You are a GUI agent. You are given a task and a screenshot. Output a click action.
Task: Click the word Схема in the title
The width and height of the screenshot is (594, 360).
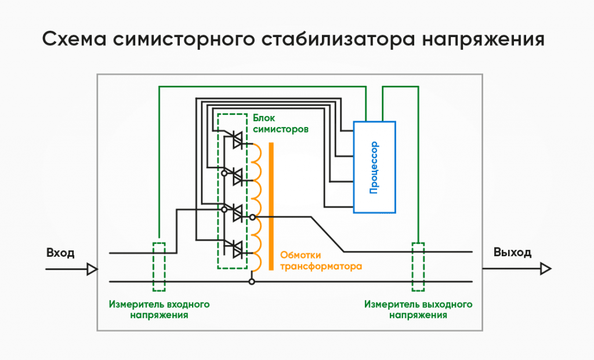74,39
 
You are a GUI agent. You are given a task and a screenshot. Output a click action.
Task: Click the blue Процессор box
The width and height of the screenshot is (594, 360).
374,167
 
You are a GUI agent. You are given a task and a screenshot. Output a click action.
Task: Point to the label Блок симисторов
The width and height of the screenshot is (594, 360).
281,123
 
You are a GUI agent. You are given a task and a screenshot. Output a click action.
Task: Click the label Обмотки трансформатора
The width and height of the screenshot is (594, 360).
321,260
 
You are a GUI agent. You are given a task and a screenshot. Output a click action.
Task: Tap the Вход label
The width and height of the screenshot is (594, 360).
60,253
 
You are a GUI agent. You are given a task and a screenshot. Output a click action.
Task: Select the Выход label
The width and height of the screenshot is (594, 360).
512,252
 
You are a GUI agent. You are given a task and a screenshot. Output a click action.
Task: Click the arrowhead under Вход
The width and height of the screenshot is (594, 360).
92,269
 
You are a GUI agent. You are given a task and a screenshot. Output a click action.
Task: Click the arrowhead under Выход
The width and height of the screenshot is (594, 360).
545,269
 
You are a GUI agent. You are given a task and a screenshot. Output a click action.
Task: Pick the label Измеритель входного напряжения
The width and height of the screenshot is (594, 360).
159,309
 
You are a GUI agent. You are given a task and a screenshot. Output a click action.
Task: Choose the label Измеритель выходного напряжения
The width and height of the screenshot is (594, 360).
418,309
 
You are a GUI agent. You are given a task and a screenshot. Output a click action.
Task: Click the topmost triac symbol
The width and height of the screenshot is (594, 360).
237,140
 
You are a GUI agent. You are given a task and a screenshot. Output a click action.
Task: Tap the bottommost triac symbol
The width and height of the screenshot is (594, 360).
237,249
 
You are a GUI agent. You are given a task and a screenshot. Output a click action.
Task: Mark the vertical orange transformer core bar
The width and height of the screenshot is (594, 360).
271,206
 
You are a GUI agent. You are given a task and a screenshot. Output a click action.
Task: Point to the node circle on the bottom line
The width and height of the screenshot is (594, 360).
252,282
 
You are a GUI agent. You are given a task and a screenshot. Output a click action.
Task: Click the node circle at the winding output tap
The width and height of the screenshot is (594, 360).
252,217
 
